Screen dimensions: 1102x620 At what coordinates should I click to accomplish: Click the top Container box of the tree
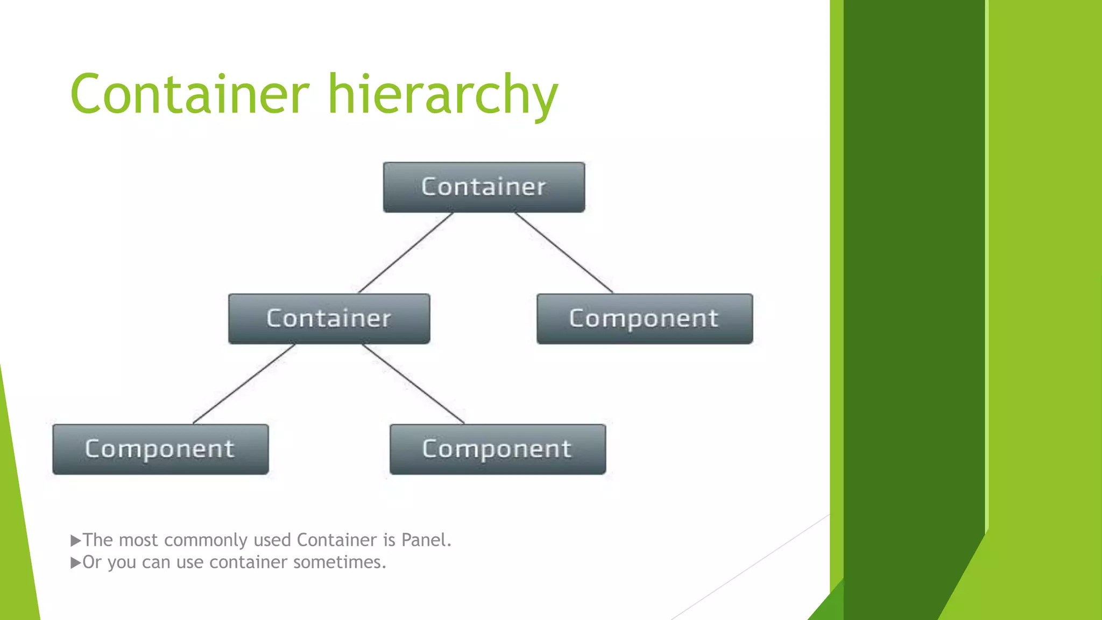click(484, 187)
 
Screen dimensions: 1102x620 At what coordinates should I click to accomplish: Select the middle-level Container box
click(329, 319)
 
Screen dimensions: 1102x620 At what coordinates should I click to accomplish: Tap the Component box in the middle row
click(644, 319)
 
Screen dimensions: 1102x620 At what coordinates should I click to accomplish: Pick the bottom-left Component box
click(160, 449)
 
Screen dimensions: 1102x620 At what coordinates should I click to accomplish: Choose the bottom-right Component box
click(497, 449)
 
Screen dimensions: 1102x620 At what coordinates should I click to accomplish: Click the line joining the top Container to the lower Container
click(406, 252)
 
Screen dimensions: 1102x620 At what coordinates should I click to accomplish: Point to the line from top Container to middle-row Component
click(563, 252)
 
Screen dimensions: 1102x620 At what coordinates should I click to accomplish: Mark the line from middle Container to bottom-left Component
click(244, 384)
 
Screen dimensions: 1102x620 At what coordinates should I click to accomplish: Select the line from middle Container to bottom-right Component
click(413, 384)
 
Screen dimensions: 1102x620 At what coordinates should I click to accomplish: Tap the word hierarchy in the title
click(443, 96)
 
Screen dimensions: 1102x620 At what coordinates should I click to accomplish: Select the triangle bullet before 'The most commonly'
click(75, 540)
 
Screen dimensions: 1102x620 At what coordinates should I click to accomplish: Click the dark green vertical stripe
click(914, 269)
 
